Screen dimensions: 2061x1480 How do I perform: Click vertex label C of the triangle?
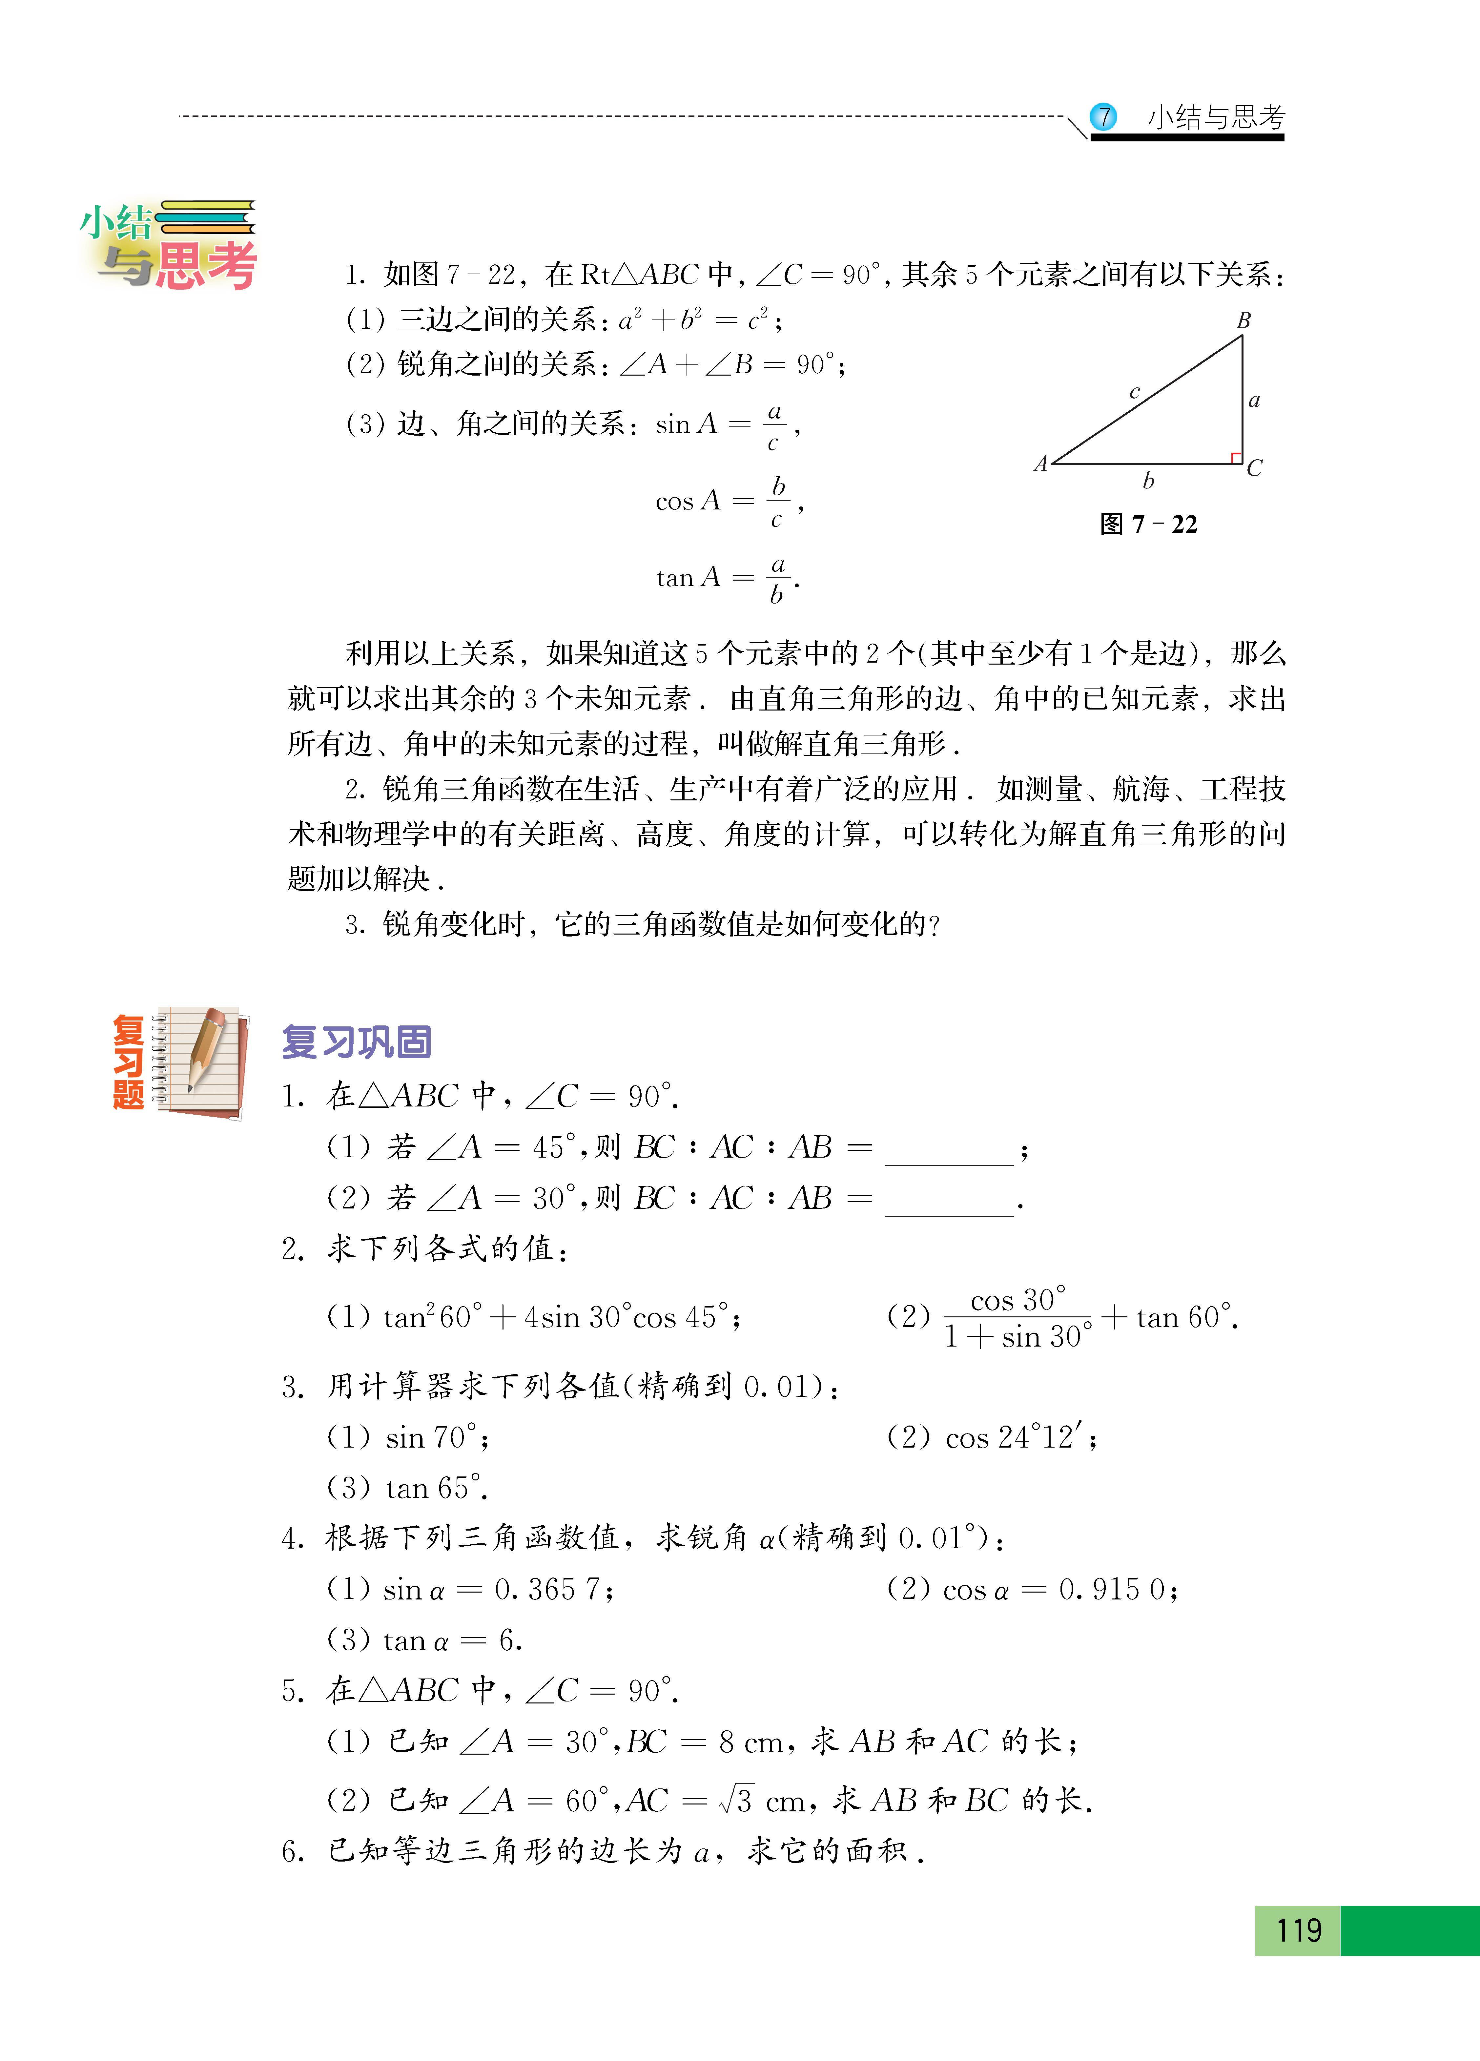point(1255,468)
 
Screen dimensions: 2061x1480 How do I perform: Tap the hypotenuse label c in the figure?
point(1135,392)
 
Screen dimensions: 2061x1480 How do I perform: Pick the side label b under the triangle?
point(1148,481)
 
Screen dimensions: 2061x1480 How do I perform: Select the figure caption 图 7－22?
point(1148,524)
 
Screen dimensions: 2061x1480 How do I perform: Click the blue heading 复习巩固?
point(356,1041)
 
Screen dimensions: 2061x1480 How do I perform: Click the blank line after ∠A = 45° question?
point(949,1154)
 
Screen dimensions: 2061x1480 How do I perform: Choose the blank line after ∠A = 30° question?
point(949,1205)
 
